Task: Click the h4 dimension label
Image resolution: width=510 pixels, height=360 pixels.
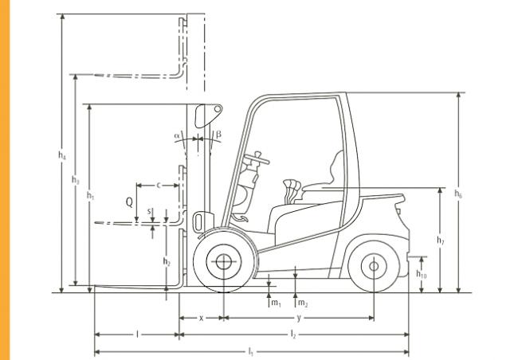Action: [x=62, y=155]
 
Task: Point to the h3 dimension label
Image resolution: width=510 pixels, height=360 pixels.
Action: [x=75, y=180]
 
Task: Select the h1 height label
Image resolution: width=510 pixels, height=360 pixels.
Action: [x=90, y=195]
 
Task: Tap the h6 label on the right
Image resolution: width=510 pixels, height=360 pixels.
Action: [x=458, y=194]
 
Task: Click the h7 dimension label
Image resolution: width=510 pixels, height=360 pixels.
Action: [x=440, y=241]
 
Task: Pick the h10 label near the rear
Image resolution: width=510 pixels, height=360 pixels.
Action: [x=422, y=274]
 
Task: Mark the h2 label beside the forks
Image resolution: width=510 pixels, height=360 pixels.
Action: [x=167, y=261]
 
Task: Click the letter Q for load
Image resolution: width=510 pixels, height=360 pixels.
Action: [x=129, y=202]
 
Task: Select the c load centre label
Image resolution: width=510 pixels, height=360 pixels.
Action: [x=159, y=186]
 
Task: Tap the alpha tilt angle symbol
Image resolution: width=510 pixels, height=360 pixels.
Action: [x=177, y=135]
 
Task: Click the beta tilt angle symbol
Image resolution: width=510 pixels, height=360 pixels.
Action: [x=218, y=134]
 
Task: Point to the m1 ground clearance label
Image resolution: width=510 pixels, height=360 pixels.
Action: [x=276, y=303]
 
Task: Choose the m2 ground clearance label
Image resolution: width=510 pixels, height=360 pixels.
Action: [x=303, y=303]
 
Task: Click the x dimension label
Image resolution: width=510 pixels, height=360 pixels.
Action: [x=201, y=318]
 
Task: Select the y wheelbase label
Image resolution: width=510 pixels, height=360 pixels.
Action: [x=299, y=318]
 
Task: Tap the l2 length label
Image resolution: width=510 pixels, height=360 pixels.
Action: [x=293, y=334]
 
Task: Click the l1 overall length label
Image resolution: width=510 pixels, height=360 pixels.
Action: [x=250, y=351]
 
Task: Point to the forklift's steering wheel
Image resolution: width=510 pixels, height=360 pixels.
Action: [x=257, y=158]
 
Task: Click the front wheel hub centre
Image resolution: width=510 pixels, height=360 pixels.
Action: [x=224, y=261]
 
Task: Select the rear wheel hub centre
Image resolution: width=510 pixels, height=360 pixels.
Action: [x=374, y=266]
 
